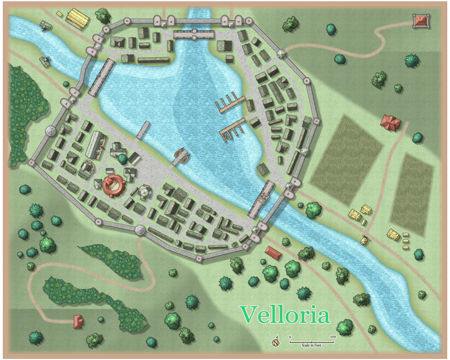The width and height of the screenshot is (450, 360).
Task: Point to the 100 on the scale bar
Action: tap(332, 336)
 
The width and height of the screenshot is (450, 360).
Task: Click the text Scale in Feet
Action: tap(311, 344)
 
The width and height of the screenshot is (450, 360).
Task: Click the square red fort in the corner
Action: tap(421, 21)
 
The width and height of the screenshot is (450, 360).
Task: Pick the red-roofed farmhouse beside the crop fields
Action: tap(390, 122)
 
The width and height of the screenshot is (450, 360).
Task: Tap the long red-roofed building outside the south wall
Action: tap(273, 253)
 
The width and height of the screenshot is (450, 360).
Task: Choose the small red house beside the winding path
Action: tap(78, 321)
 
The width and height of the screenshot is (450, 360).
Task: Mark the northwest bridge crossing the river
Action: tap(101, 78)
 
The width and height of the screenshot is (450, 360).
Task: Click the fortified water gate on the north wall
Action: tap(194, 35)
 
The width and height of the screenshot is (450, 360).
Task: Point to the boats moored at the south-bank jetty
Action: tap(180, 156)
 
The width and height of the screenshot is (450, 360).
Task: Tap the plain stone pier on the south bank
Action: tap(143, 130)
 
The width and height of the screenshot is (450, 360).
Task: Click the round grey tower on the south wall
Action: tap(141, 230)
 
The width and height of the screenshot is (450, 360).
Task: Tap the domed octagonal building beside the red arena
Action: tap(145, 193)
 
